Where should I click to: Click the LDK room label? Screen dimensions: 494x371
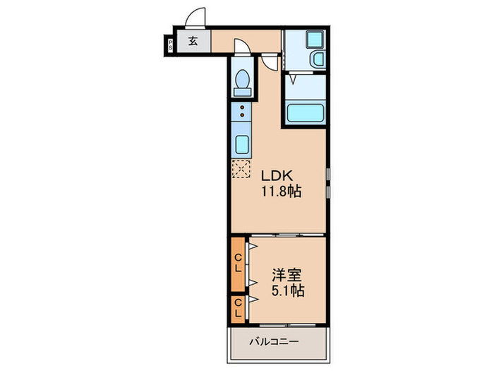tap(277, 176)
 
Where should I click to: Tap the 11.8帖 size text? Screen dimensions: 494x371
tap(282, 192)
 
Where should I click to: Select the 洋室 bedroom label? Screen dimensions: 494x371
tap(287, 275)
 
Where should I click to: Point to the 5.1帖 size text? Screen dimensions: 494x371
tap(288, 290)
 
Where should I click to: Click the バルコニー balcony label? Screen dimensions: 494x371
tap(274, 341)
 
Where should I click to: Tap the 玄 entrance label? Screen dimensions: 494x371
tap(193, 41)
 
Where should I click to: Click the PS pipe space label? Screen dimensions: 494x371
tap(171, 45)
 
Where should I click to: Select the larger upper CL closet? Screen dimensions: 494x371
tap(239, 264)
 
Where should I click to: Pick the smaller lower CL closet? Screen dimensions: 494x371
tap(239, 310)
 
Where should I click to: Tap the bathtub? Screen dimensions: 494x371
tap(306, 112)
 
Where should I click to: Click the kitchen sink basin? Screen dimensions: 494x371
tap(242, 145)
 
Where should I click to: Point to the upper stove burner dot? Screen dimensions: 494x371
tap(242, 107)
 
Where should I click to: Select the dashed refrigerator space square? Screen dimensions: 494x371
tap(241, 169)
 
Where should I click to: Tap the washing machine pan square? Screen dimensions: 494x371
tap(315, 40)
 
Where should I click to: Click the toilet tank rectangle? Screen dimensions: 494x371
tap(243, 92)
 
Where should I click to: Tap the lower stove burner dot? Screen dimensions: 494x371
tap(242, 114)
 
